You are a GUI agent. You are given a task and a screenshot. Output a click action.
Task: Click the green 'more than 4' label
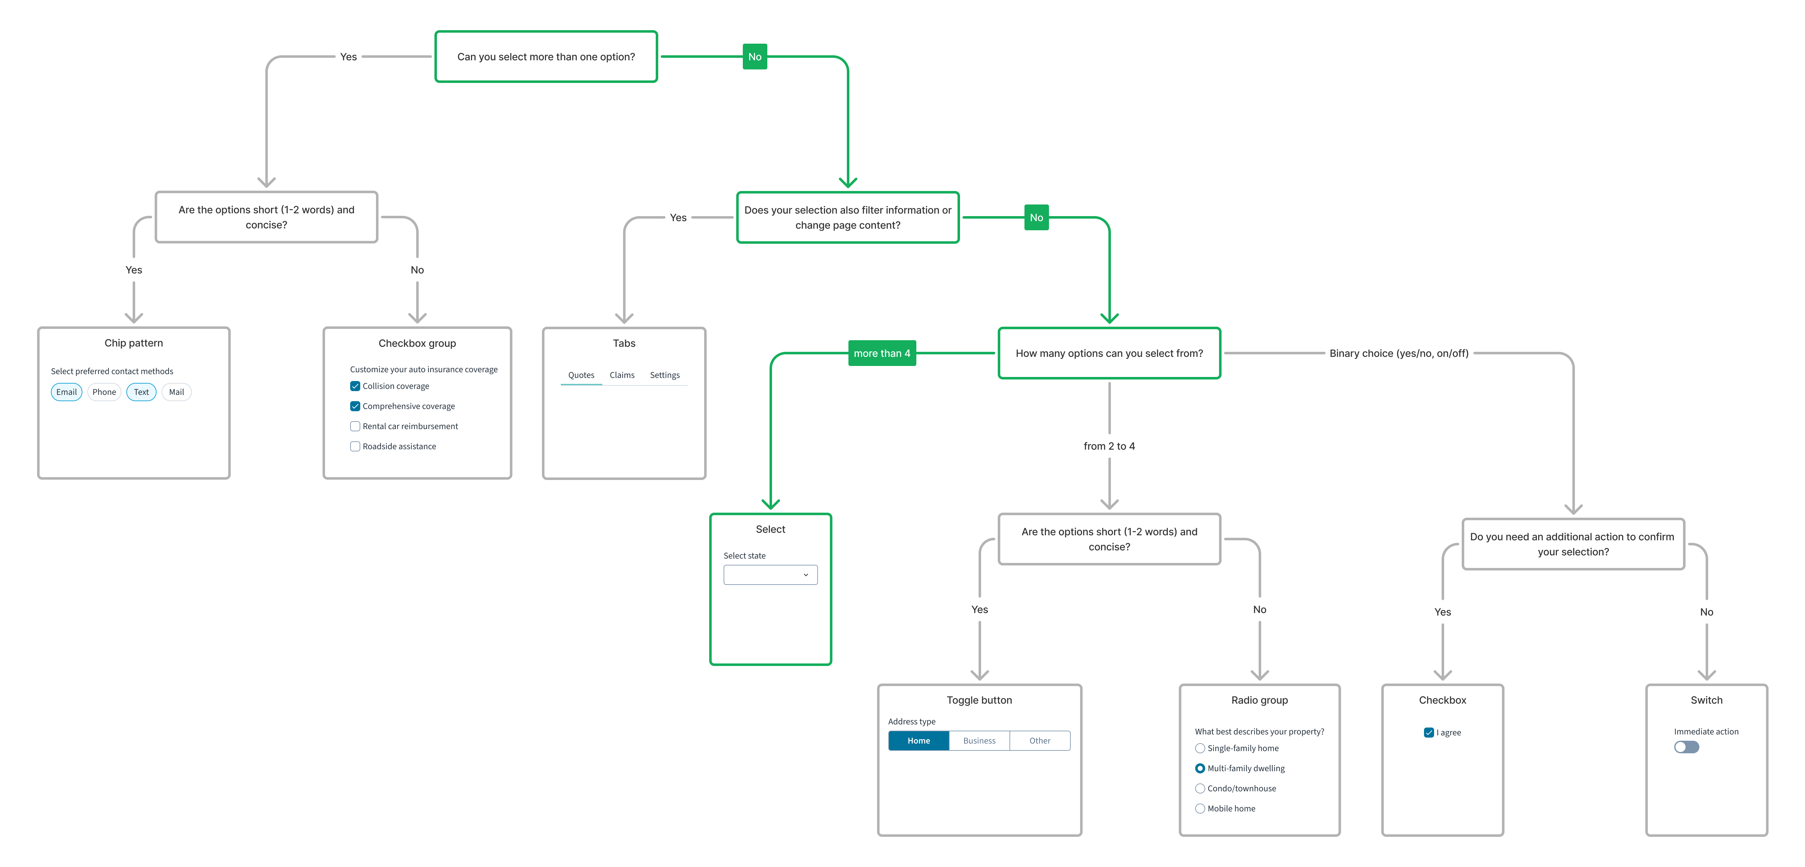point(881,353)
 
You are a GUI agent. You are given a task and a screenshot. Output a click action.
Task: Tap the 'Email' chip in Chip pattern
point(67,392)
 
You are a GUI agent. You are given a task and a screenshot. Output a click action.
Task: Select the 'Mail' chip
point(177,392)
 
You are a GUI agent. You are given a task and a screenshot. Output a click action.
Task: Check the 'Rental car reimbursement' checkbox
point(355,427)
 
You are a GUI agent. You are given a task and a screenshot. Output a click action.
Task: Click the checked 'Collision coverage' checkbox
point(355,386)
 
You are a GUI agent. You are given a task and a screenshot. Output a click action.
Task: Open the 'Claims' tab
point(621,375)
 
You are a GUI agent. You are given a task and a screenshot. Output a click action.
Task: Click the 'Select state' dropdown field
point(770,575)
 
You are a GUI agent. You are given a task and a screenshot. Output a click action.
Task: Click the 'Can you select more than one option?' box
point(546,57)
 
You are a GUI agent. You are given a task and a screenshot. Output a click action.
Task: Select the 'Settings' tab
point(664,375)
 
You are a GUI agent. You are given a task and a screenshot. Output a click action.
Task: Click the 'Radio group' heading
point(1259,700)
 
